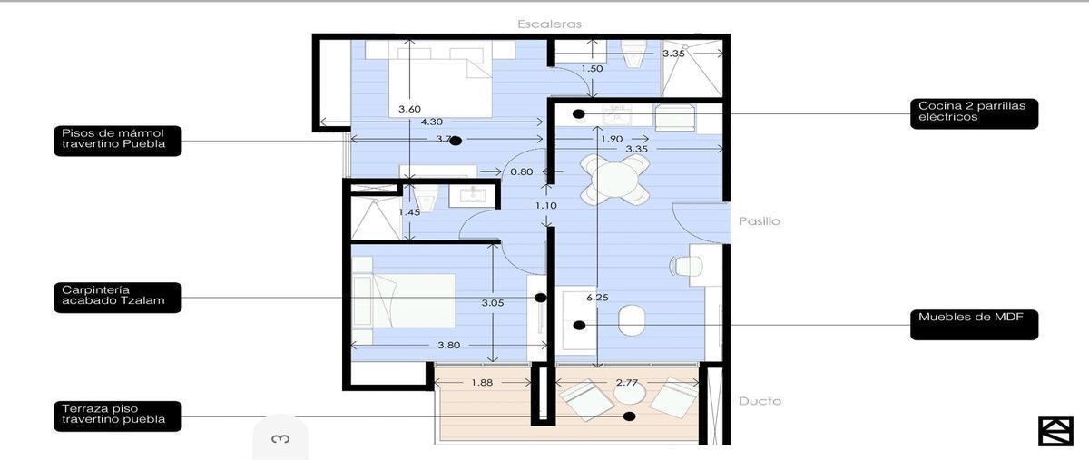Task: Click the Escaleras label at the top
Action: coord(549,24)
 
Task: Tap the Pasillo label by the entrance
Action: coord(760,221)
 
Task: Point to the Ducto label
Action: coord(760,401)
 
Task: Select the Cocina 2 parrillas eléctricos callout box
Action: coord(975,113)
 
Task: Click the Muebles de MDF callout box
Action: coord(975,324)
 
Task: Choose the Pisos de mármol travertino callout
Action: coord(118,141)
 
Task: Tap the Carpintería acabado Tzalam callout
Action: coord(118,298)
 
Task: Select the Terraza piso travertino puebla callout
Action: coord(118,416)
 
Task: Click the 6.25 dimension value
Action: coord(597,297)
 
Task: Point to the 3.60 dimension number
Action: coord(410,109)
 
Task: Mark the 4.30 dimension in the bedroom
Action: coord(432,122)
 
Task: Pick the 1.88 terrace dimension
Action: coord(482,383)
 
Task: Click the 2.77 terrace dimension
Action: coord(627,383)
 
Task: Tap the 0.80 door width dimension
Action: coord(522,171)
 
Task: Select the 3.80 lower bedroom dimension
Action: coord(448,346)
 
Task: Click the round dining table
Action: coord(615,180)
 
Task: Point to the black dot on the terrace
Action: coord(630,416)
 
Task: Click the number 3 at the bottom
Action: coord(281,439)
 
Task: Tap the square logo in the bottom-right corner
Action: coord(1056,431)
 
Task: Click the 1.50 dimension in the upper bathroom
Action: coord(592,69)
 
